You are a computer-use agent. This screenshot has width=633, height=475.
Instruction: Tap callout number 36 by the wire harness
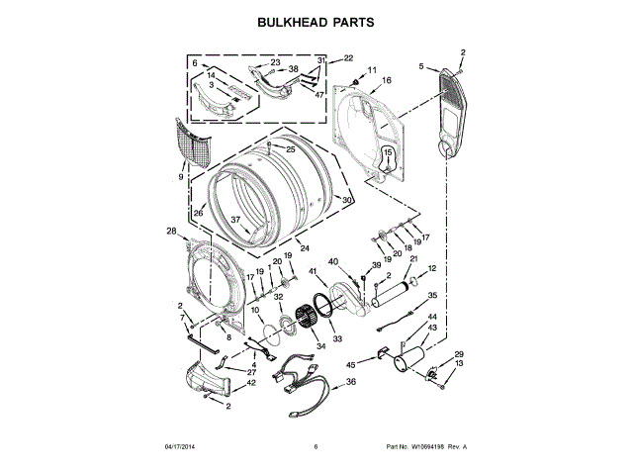click(351, 381)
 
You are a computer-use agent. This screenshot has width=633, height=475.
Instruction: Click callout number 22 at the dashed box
click(348, 58)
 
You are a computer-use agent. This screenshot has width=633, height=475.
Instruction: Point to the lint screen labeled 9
click(194, 142)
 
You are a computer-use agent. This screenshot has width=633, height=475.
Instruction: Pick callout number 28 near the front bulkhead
click(171, 231)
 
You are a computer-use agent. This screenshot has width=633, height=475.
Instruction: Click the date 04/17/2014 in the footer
click(180, 446)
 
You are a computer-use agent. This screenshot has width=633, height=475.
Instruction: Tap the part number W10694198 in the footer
click(427, 446)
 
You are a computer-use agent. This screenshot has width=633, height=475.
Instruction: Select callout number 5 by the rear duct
click(421, 66)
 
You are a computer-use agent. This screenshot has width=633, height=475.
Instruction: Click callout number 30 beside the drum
click(347, 200)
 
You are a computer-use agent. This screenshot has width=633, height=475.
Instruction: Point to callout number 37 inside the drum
click(235, 220)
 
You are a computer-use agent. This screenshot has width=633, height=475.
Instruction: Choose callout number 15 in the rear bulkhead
click(388, 152)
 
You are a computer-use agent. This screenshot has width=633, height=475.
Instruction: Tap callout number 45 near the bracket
click(351, 365)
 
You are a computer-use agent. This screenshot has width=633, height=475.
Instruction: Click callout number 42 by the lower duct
click(250, 383)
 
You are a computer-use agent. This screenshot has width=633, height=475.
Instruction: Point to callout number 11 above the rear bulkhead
click(372, 70)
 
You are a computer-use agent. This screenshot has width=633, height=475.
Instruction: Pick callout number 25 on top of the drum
click(291, 149)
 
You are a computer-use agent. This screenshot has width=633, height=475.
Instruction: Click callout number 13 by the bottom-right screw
click(459, 363)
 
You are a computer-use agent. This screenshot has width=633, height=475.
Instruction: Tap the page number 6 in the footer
click(316, 446)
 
